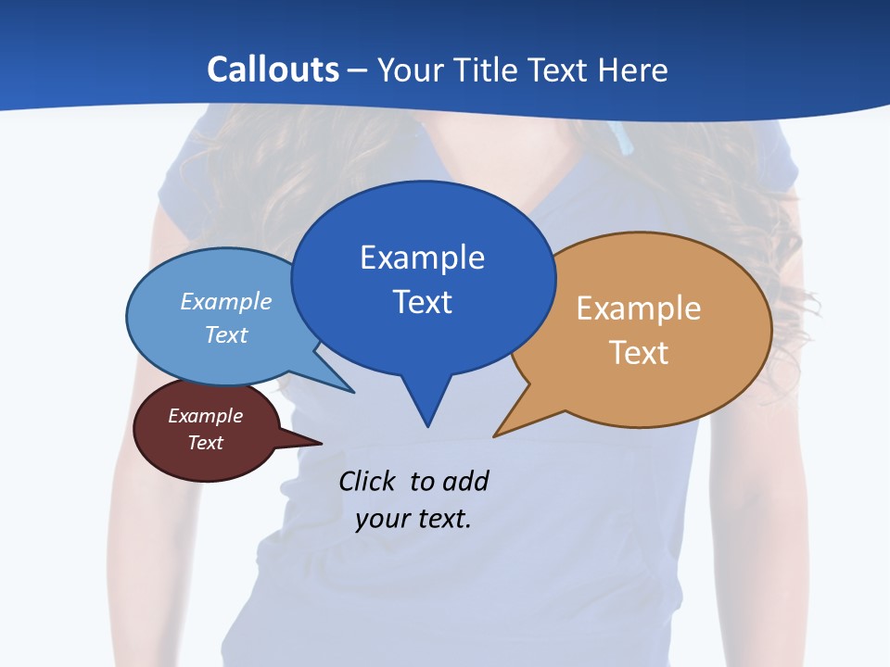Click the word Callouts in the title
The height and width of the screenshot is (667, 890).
273,69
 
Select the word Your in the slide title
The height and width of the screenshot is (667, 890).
411,69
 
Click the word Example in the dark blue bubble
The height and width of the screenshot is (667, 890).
422,258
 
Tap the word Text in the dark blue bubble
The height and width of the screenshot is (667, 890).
422,302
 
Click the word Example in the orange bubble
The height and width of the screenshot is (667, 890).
639,308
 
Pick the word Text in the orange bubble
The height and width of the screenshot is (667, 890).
639,353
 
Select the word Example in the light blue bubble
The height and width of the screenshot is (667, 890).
226,301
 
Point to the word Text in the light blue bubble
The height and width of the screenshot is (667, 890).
226,334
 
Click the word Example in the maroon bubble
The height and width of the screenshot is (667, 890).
205,416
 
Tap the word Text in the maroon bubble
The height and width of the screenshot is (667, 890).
205,443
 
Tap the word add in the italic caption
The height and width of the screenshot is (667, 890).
466,481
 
